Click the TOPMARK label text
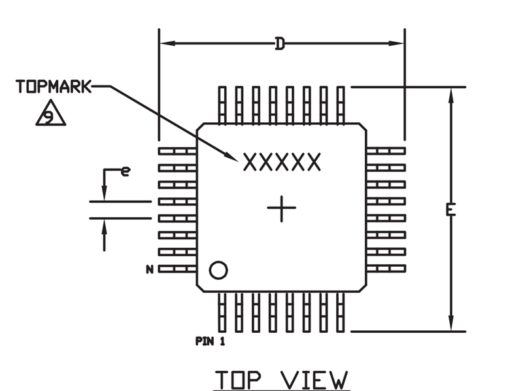(x=54, y=86)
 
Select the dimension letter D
(x=280, y=44)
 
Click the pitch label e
(x=126, y=171)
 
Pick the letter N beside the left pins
(x=150, y=269)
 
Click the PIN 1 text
(x=210, y=341)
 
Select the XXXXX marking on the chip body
(x=282, y=162)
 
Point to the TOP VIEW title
(x=282, y=379)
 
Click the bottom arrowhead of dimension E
(x=450, y=323)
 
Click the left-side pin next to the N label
(x=178, y=269)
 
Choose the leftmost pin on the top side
(x=222, y=105)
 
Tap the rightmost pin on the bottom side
(x=341, y=312)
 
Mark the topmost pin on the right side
(x=386, y=151)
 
